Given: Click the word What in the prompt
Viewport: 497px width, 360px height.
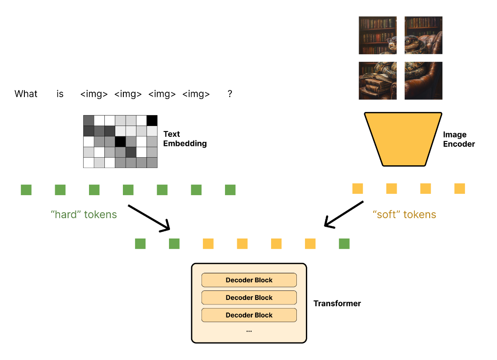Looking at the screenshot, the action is pyautogui.click(x=26, y=94).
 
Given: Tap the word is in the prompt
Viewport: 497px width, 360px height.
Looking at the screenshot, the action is pyautogui.click(x=60, y=94).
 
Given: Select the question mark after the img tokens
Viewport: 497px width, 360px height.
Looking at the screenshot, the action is pyautogui.click(x=230, y=94).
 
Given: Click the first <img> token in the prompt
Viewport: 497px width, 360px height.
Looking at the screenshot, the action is pyautogui.click(x=94, y=94).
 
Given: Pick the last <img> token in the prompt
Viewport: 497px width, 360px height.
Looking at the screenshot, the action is pyautogui.click(x=196, y=94).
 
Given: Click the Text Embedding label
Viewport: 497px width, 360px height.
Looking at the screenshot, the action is pyautogui.click(x=185, y=139).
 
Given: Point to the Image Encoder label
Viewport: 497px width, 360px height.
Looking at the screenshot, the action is pyautogui.click(x=459, y=140).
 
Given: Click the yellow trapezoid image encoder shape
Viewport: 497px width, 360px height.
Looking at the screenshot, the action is pyautogui.click(x=403, y=139).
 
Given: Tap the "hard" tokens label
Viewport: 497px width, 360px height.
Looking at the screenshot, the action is pyautogui.click(x=84, y=215).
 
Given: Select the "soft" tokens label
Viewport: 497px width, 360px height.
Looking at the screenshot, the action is pyautogui.click(x=404, y=215).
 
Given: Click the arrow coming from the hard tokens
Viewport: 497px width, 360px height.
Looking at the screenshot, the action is pyautogui.click(x=149, y=218).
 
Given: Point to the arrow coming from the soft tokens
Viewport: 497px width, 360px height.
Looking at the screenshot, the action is pyautogui.click(x=344, y=214).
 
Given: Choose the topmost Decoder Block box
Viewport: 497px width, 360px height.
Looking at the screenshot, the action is pyautogui.click(x=249, y=280).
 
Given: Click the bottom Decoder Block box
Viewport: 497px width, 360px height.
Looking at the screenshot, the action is pyautogui.click(x=249, y=315).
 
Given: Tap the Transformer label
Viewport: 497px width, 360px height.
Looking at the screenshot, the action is pyautogui.click(x=337, y=304).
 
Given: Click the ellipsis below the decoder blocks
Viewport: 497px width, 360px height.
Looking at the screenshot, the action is pyautogui.click(x=249, y=331).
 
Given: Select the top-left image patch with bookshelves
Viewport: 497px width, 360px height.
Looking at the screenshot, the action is pyautogui.click(x=378, y=35).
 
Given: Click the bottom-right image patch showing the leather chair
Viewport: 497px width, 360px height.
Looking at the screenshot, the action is pyautogui.click(x=423, y=80).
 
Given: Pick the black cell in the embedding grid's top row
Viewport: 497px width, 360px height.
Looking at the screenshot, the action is pyautogui.click(x=152, y=121).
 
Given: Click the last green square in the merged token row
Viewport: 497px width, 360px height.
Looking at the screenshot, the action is pyautogui.click(x=344, y=244).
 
